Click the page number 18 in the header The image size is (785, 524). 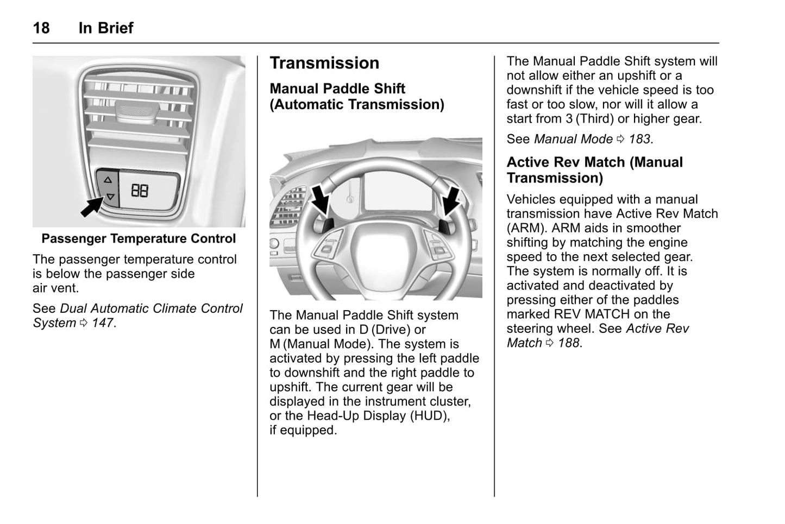(41, 28)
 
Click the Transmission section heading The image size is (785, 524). (324, 63)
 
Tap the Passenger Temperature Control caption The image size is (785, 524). (139, 238)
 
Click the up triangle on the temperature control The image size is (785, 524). (108, 179)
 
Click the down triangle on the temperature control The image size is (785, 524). (110, 197)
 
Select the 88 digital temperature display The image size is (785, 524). (140, 191)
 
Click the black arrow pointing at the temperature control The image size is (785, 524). (91, 207)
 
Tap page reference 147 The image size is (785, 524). (102, 323)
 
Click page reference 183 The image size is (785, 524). (639, 139)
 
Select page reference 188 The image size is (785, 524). (569, 343)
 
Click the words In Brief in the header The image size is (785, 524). (106, 28)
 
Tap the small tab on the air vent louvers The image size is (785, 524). (138, 110)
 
